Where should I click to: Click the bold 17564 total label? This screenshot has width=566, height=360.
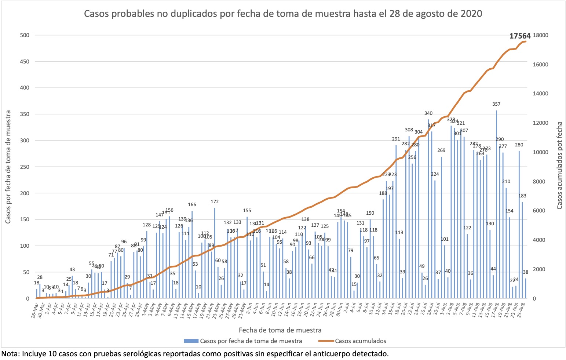point(520,36)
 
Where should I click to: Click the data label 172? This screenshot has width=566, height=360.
point(215,201)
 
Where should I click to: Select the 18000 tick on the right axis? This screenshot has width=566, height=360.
point(541,35)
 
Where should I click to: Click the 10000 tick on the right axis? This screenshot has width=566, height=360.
point(541,152)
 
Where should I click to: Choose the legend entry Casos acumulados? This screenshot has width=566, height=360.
point(360,341)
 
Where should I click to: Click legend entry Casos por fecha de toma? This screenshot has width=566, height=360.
point(251,341)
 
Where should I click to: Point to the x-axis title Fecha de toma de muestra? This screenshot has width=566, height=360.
point(280,330)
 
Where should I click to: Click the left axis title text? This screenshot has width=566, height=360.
point(8,167)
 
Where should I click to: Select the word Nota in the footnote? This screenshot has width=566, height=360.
point(10,354)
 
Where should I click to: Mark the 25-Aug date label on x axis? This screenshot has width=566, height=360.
point(522,310)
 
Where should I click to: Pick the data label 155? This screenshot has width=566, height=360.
point(247,211)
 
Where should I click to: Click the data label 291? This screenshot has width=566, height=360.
point(396,139)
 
